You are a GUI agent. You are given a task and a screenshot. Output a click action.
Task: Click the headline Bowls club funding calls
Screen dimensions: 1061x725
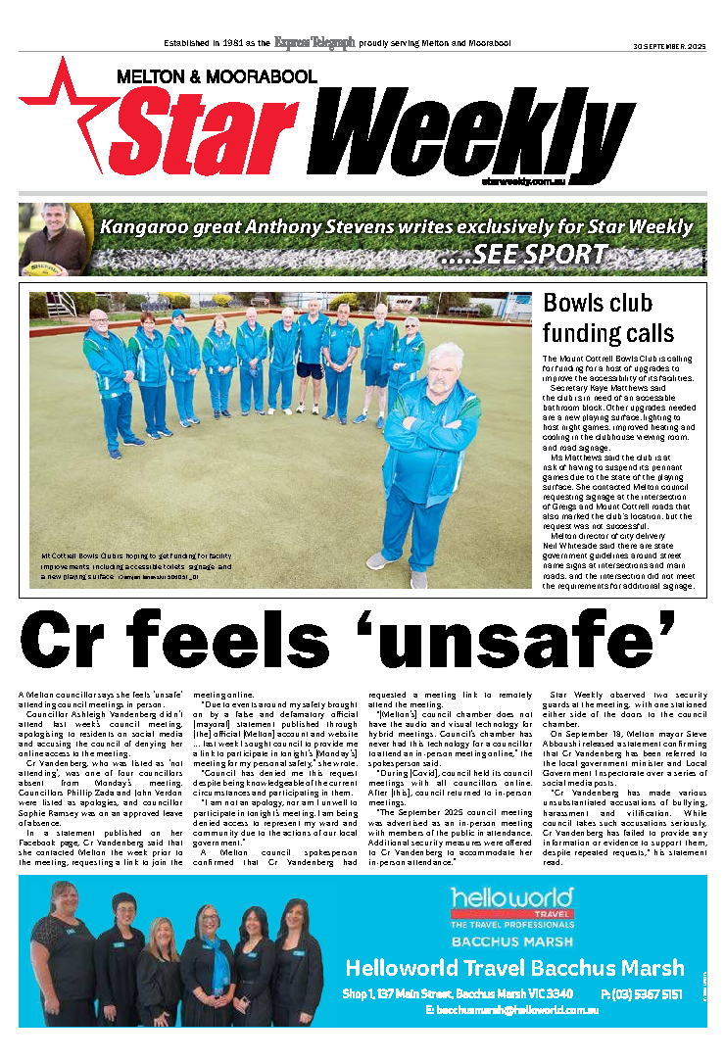coord(608,317)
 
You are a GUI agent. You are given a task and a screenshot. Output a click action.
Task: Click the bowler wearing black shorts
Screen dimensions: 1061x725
coord(312,353)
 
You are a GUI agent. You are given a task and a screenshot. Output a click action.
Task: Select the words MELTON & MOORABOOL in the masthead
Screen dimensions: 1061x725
coord(217,76)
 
